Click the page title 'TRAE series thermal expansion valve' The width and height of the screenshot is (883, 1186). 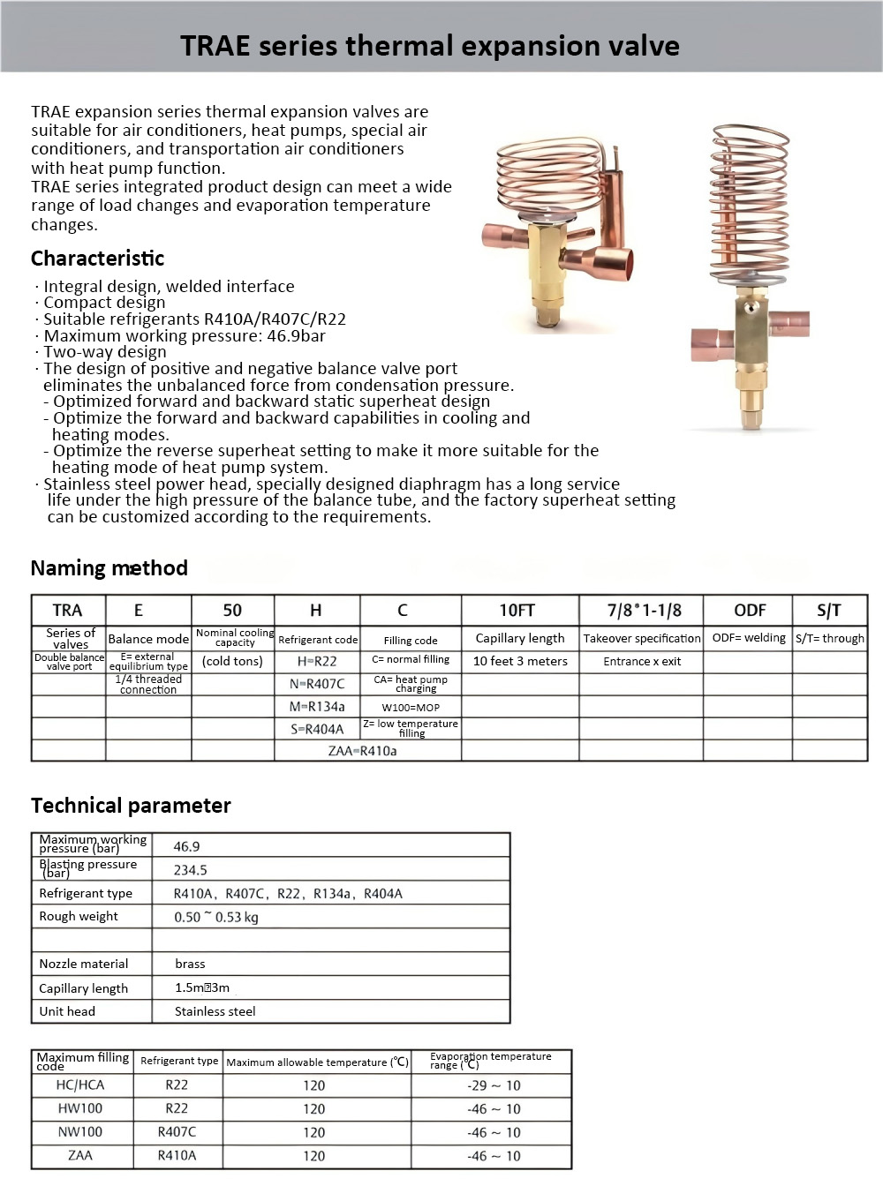[x=429, y=46]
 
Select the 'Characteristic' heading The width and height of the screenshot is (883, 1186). [x=97, y=259]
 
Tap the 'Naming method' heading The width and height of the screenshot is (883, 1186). [x=109, y=568]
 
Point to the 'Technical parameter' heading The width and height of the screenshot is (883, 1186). [x=131, y=806]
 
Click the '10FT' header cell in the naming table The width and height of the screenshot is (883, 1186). [x=517, y=611]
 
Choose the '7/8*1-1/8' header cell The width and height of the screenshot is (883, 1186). [x=644, y=611]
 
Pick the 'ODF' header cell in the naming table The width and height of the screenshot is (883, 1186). [x=750, y=611]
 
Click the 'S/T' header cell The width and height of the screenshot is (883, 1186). [x=829, y=611]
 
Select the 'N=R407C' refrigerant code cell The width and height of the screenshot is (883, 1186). [x=317, y=684]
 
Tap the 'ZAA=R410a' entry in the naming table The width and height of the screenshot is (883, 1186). [x=362, y=751]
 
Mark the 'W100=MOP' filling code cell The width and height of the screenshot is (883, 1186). [x=411, y=707]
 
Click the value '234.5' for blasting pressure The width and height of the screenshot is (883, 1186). [x=190, y=870]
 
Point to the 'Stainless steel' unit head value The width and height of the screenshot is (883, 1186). [x=215, y=1011]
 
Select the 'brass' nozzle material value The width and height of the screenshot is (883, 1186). [x=190, y=964]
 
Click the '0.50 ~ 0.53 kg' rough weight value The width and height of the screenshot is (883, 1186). [x=216, y=917]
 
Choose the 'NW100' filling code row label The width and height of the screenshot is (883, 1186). [x=80, y=1132]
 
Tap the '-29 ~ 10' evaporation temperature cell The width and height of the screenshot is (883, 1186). [x=494, y=1085]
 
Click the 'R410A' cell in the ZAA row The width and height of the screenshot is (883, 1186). [x=177, y=1155]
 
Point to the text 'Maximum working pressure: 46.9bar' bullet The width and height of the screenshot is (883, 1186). [x=185, y=336]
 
